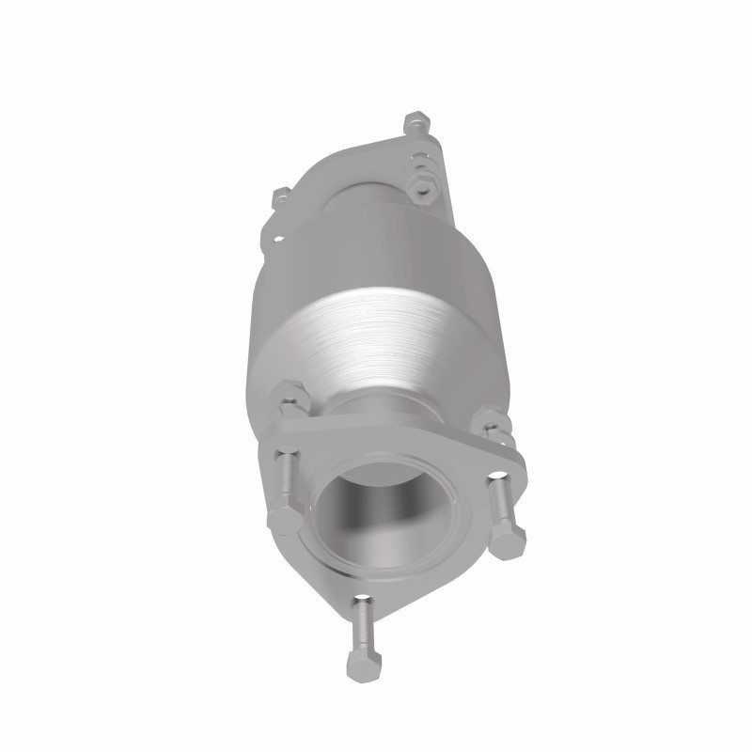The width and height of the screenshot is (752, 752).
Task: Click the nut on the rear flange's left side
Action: point(279,199)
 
